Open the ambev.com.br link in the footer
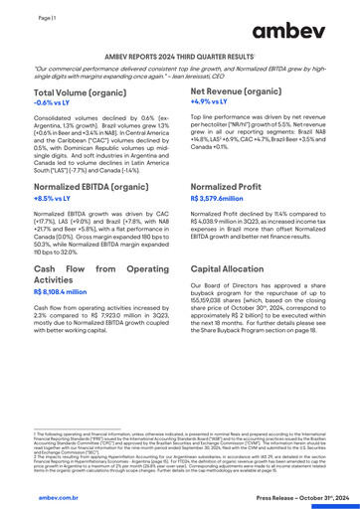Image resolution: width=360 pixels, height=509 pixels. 36,494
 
